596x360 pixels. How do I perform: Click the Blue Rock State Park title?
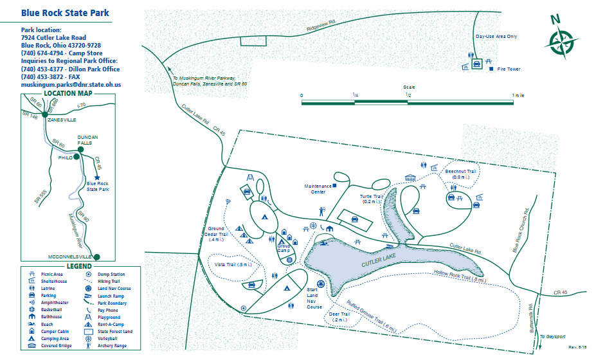(x=65, y=13)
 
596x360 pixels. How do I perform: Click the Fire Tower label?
(x=509, y=69)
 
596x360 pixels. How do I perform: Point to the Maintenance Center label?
(x=318, y=188)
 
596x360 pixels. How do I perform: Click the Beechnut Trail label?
(x=462, y=174)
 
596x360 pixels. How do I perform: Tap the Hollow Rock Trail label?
(x=460, y=276)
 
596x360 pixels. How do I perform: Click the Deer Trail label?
(x=339, y=316)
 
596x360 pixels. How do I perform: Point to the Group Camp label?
(x=284, y=248)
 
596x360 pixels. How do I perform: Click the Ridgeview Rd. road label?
(x=321, y=26)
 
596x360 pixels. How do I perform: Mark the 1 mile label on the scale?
(x=517, y=95)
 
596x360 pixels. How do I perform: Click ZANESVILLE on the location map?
(x=62, y=120)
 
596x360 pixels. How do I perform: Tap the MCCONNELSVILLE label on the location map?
(x=71, y=256)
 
